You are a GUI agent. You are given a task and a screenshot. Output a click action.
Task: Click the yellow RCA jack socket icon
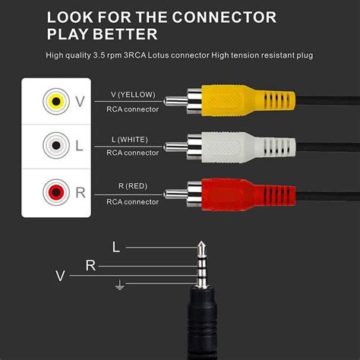pos(54,101)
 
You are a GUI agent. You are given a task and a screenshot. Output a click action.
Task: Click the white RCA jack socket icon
pos(54,144)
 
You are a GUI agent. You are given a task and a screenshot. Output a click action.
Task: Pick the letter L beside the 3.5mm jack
pos(115,248)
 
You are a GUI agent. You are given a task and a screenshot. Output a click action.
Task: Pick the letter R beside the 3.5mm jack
pos(90,264)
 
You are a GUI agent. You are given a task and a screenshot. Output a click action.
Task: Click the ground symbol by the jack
pos(118,286)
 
